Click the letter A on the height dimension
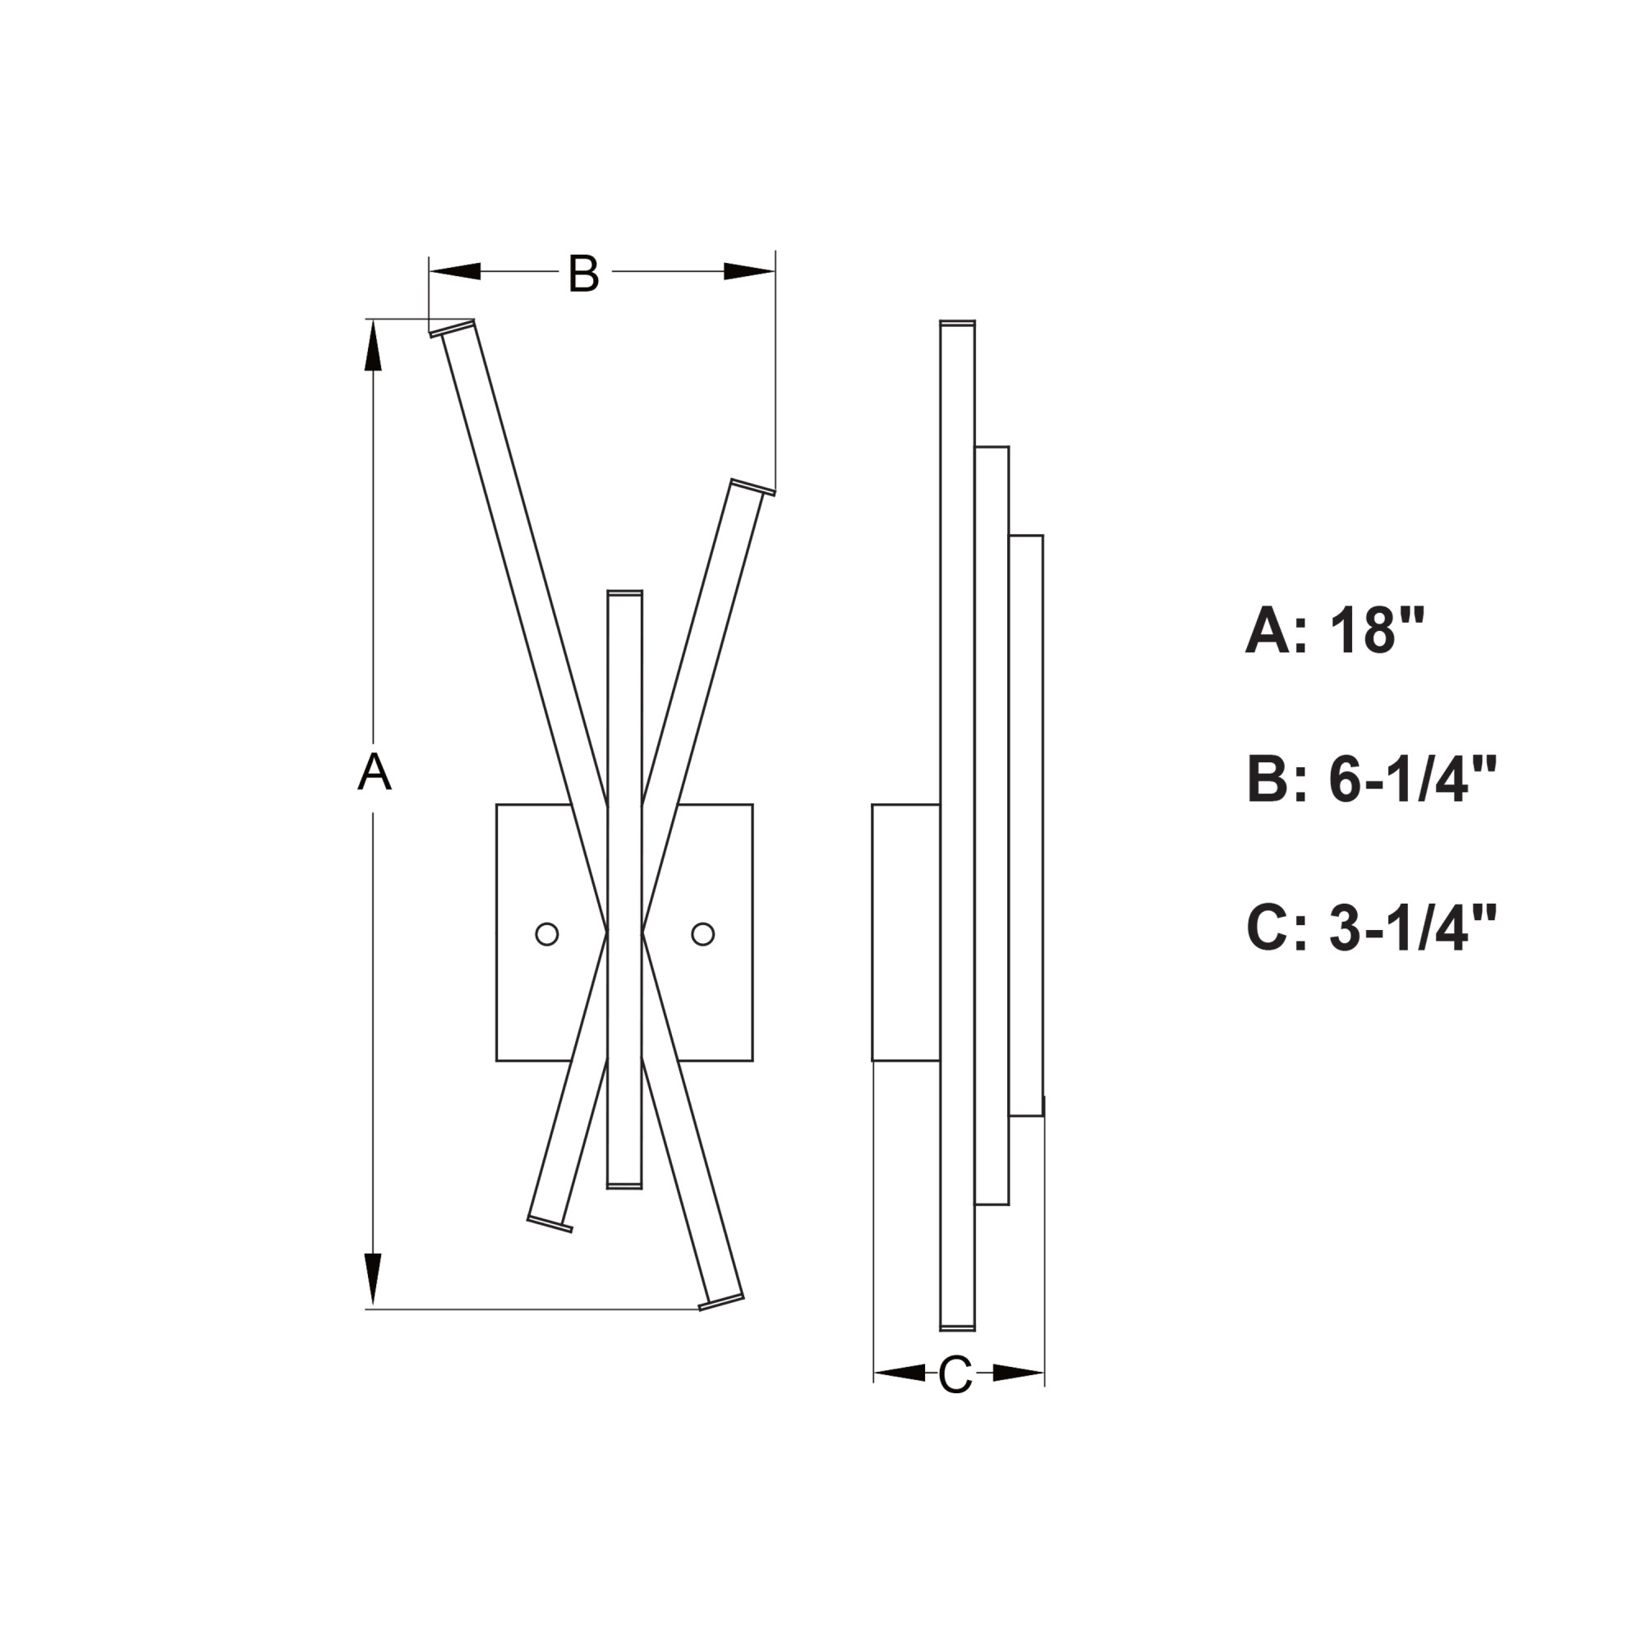[x=374, y=772]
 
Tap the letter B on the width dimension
[x=583, y=273]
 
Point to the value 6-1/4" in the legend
[x=1412, y=780]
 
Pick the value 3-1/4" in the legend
[x=1412, y=928]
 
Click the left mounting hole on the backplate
[x=547, y=934]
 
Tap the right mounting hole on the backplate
[x=702, y=934]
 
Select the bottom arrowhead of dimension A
[x=372, y=1279]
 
